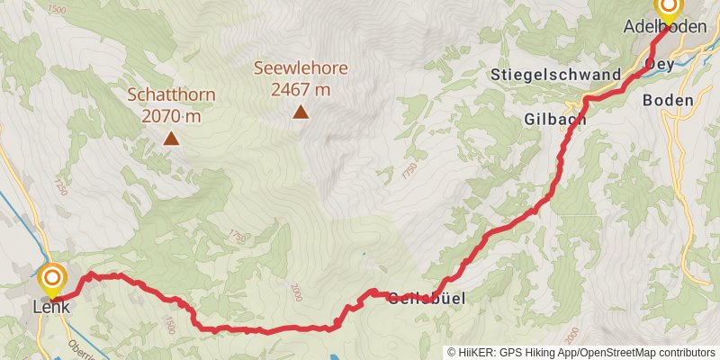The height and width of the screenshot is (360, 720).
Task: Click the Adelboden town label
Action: pyautogui.click(x=664, y=28)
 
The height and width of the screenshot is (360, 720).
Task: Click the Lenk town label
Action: pyautogui.click(x=51, y=306)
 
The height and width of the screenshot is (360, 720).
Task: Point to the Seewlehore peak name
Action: pyautogui.click(x=300, y=68)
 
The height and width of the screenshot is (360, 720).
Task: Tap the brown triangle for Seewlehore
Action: pyautogui.click(x=300, y=112)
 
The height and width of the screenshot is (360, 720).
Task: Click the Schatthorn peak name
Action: pyautogui.click(x=170, y=94)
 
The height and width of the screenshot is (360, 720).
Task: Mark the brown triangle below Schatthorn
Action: pyautogui.click(x=170, y=139)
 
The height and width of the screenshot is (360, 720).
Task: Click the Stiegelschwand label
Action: pyautogui.click(x=557, y=74)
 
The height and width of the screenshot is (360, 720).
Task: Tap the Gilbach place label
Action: pyautogui.click(x=555, y=118)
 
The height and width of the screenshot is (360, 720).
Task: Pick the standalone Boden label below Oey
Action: pyautogui.click(x=668, y=100)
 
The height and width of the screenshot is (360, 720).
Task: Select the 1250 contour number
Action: pyautogui.click(x=61, y=187)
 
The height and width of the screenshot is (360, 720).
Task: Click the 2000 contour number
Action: pyautogui.click(x=297, y=292)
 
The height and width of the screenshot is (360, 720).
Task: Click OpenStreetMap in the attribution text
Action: pyautogui.click(x=614, y=352)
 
